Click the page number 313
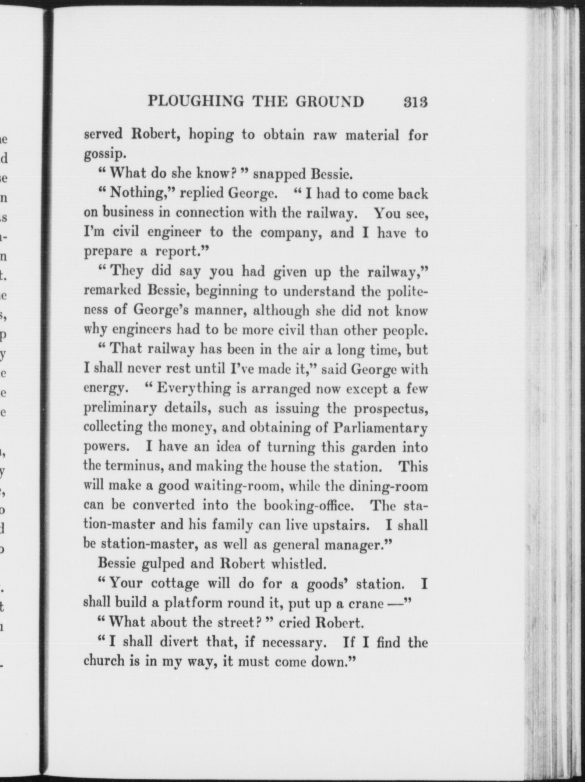coord(416,102)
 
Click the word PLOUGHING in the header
coord(196,102)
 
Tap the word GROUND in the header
coord(330,102)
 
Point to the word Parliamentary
coord(380,428)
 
